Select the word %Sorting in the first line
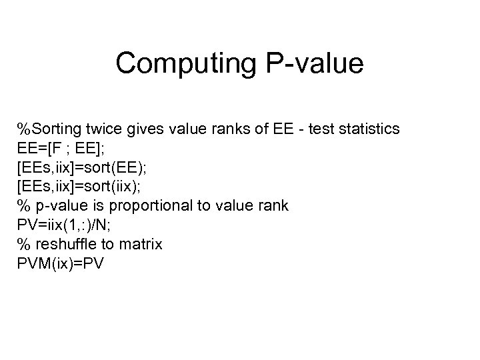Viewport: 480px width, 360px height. click(49, 129)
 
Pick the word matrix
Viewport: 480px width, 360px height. click(140, 245)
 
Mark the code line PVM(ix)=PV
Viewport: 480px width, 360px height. click(62, 264)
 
